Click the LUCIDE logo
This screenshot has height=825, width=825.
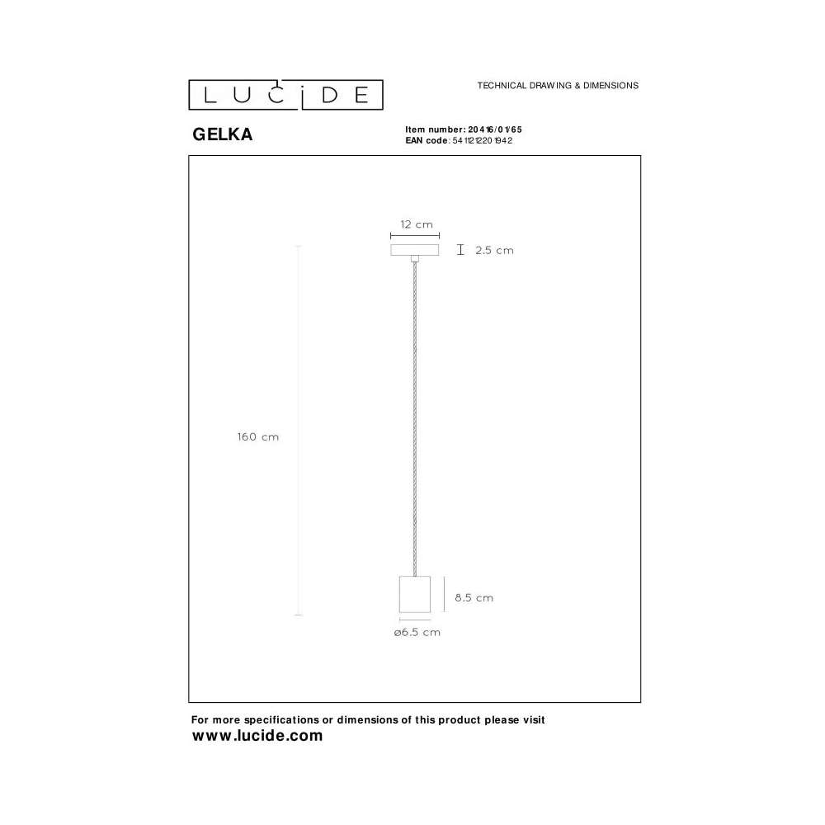[x=285, y=95]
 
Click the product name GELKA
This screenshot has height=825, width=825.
[x=223, y=134]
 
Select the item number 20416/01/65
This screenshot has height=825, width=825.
[x=495, y=130]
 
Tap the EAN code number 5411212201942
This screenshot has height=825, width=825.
[x=483, y=140]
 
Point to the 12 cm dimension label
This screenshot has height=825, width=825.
[x=417, y=224]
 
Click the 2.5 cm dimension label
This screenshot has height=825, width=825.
[x=494, y=251]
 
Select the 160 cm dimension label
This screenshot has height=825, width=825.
[x=257, y=436]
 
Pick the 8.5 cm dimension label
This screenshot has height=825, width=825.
[x=474, y=597]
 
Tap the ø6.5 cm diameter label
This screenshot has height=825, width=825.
[x=417, y=633]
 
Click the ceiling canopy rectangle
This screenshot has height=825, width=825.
[x=415, y=250]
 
